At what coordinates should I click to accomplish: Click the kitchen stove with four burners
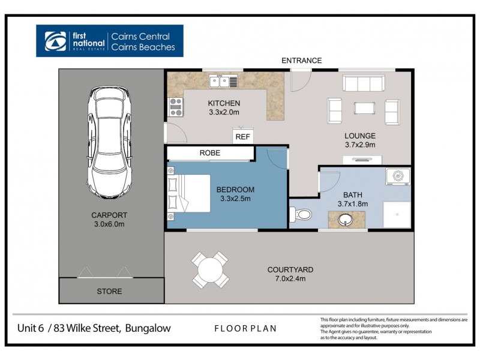176,107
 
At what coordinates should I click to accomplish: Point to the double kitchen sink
223,81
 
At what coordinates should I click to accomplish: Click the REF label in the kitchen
242,137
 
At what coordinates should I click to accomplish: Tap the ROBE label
209,153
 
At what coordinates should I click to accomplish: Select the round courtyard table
209,269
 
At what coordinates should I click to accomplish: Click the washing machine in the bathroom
397,178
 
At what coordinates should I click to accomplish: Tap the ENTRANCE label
302,61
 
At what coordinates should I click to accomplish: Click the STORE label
109,292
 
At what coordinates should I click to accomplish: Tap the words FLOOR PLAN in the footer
245,329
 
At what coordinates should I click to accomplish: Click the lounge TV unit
362,160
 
